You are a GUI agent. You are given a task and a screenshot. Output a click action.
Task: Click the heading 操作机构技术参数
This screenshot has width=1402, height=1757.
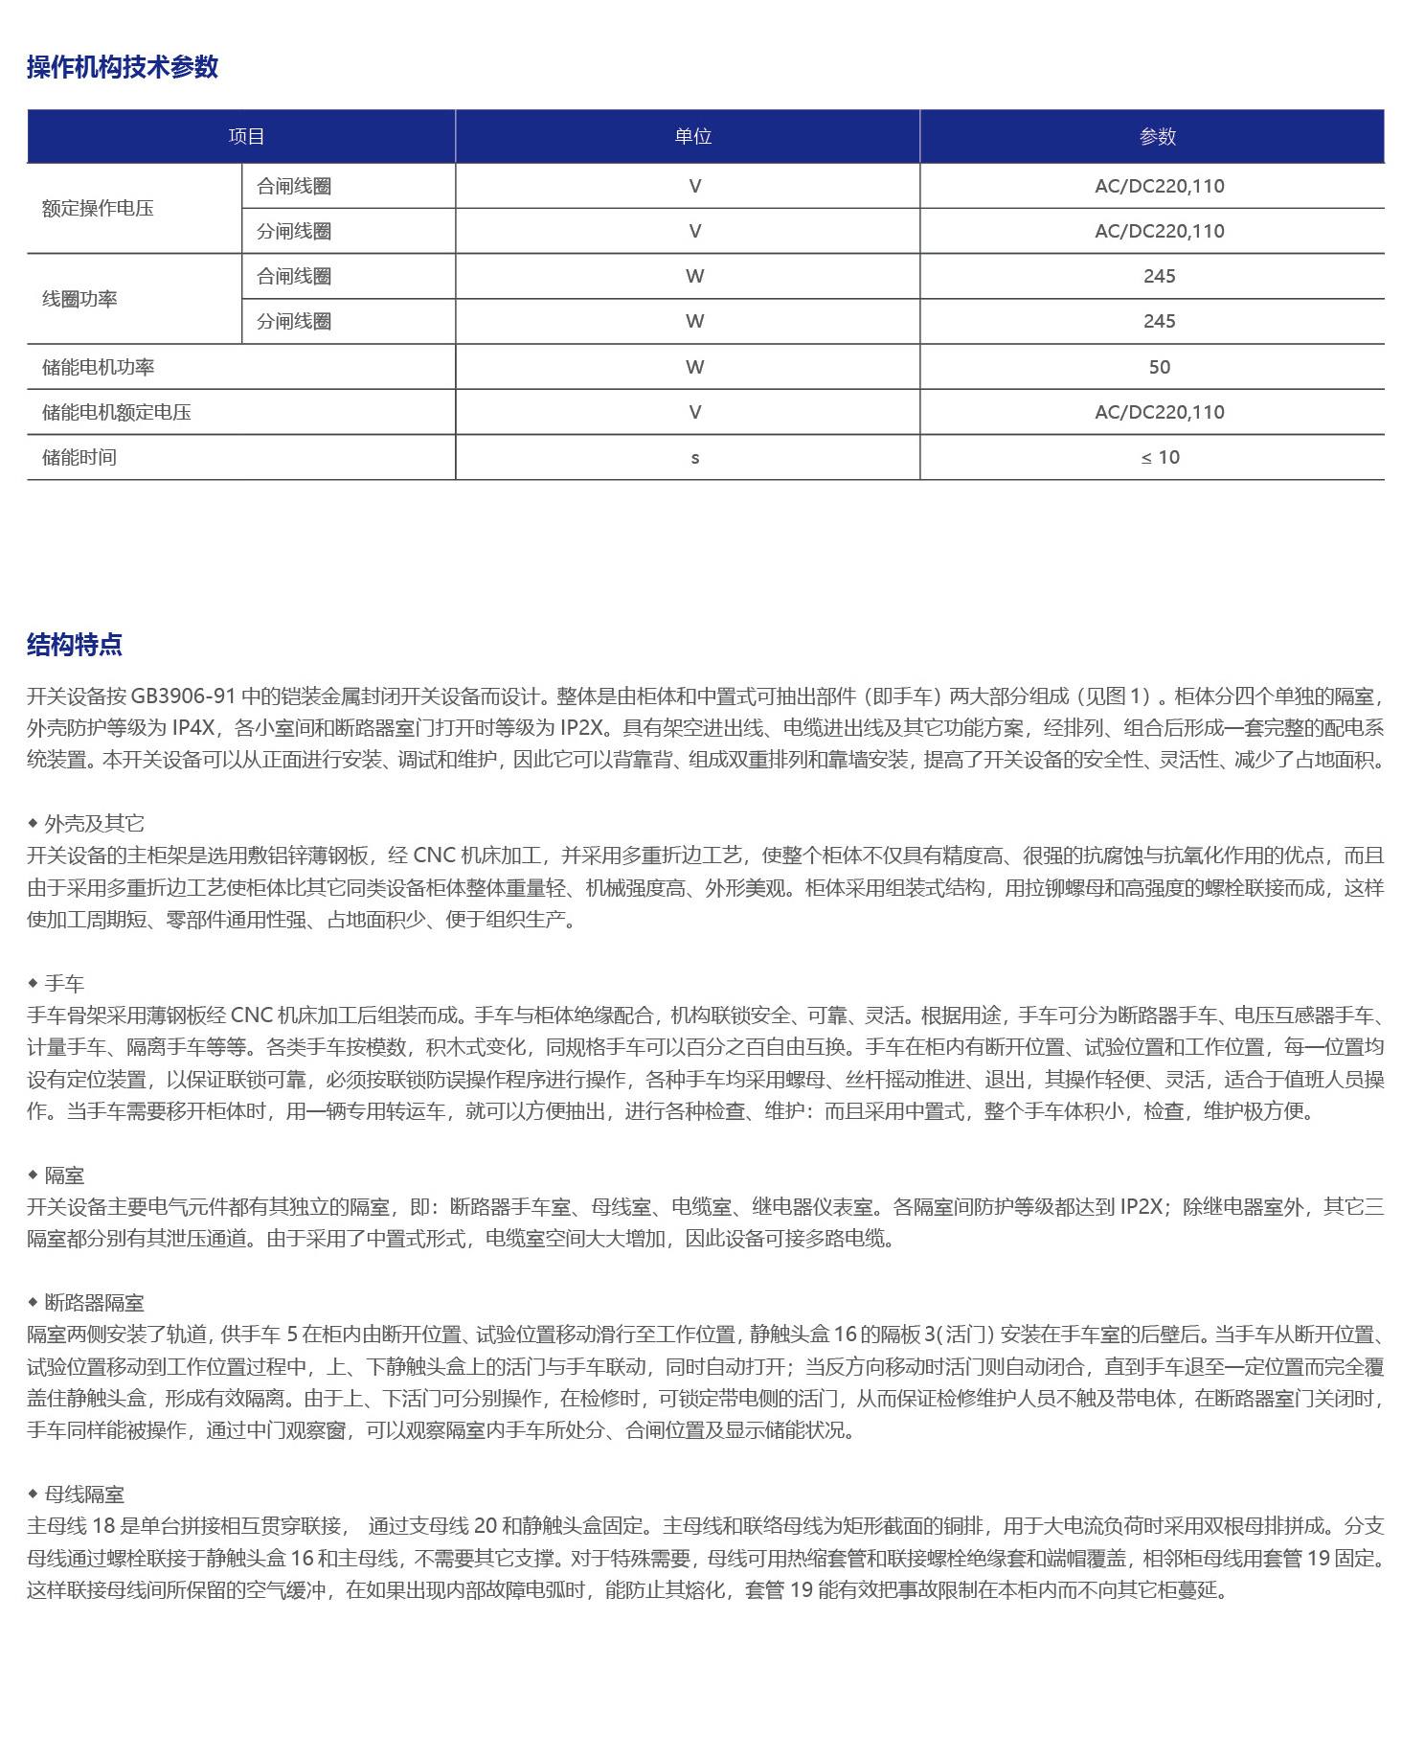123,67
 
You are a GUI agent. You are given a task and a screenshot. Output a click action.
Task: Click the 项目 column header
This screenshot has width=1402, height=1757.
246,137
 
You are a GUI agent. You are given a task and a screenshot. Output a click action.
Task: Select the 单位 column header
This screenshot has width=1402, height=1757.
693,137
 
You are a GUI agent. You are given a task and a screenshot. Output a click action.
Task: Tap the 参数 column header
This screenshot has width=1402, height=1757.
1158,137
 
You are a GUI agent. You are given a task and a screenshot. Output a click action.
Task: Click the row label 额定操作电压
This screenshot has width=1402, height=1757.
98,209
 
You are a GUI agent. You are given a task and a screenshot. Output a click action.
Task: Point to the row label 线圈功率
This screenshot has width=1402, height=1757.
79,299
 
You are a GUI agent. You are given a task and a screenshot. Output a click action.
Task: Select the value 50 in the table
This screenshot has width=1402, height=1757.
1159,367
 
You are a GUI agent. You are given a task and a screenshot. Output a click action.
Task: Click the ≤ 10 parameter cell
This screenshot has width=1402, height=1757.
1160,458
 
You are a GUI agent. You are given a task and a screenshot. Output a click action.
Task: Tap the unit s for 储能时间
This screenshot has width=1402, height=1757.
695,458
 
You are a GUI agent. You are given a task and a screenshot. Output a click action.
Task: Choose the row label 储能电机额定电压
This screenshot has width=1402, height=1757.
116,413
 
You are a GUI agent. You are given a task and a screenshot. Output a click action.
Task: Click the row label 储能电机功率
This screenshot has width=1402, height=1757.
98,367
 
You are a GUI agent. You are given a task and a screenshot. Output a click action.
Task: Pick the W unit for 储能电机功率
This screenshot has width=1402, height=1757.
695,367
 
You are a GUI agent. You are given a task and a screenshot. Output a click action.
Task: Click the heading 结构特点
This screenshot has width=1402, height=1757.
75,645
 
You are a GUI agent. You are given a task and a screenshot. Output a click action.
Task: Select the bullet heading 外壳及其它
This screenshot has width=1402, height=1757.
94,823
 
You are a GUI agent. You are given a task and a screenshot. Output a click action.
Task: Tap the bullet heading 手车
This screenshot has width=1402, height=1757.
64,983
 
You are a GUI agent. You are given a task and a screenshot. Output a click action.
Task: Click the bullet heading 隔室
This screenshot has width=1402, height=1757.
64,1175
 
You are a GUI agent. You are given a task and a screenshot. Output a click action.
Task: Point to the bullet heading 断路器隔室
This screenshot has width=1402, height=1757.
94,1302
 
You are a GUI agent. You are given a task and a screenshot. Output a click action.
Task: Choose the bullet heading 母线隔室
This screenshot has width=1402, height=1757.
84,1494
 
